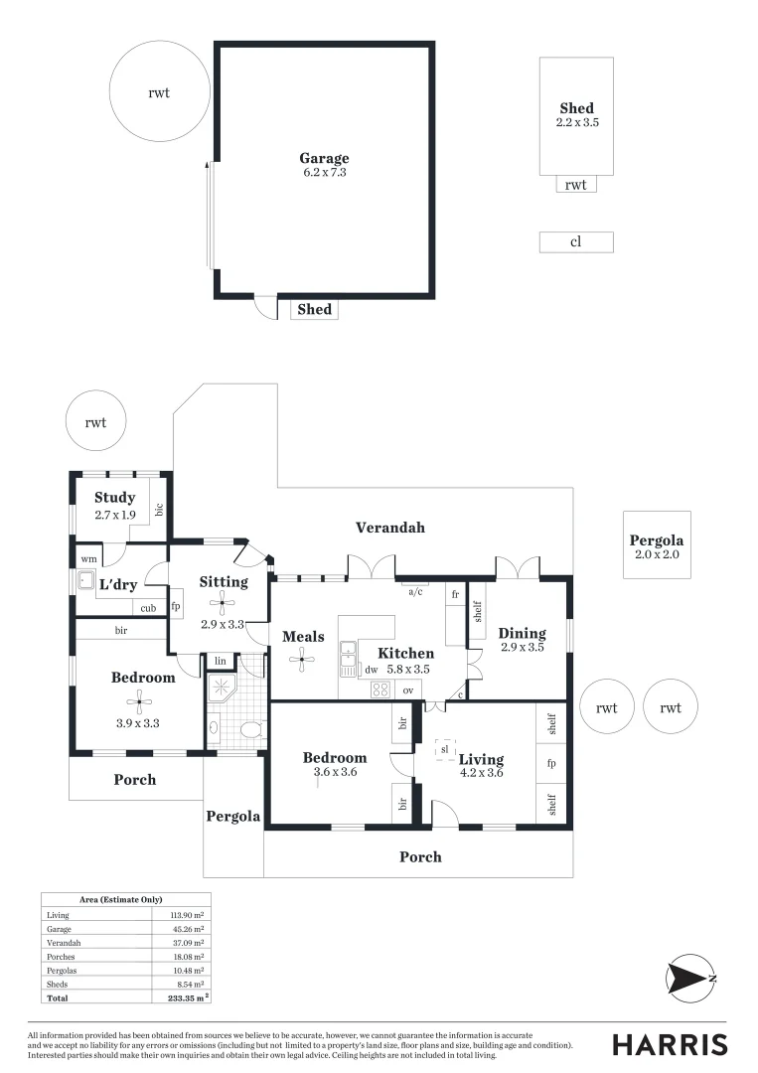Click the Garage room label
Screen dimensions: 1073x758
(x=324, y=158)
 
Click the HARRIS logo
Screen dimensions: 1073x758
(x=669, y=1044)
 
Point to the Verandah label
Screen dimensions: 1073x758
(x=391, y=528)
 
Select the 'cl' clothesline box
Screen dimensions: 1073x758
(x=575, y=241)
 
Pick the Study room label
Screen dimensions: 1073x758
(x=114, y=498)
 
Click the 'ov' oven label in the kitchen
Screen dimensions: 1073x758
(x=407, y=689)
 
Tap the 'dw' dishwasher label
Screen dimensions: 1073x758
(x=371, y=671)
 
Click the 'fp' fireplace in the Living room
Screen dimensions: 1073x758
(x=552, y=764)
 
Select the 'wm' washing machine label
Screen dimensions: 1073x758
(x=88, y=559)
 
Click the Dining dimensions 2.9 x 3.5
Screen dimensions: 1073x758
(x=522, y=647)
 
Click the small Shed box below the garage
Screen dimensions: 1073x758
(x=314, y=310)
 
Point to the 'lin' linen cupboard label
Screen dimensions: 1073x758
(x=220, y=661)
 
